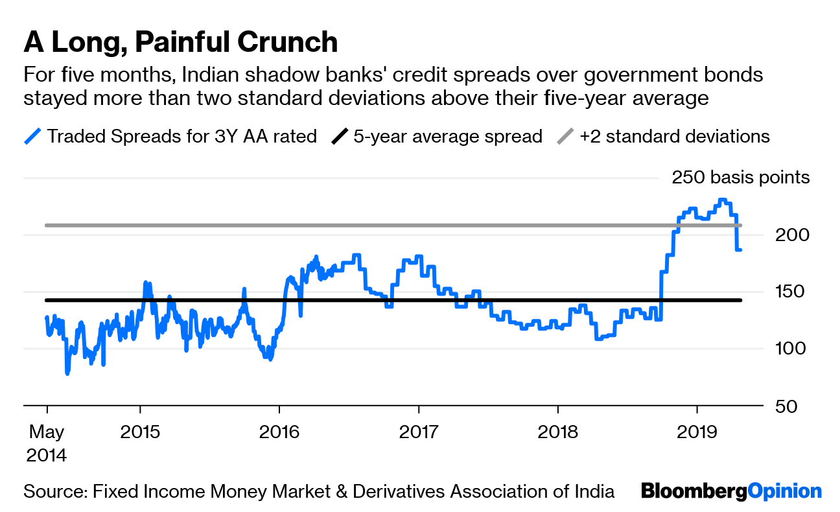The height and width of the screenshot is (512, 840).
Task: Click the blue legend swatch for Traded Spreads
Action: click(x=32, y=137)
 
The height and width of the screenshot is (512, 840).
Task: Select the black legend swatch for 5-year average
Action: click(x=340, y=137)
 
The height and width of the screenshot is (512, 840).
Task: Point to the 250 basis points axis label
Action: click(x=740, y=178)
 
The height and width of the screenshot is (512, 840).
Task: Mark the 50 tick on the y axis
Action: click(x=786, y=406)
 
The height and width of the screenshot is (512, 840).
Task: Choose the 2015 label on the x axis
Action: click(x=139, y=431)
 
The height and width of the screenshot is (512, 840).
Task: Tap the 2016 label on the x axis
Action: click(x=279, y=431)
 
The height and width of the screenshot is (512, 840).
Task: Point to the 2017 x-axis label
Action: click(x=419, y=431)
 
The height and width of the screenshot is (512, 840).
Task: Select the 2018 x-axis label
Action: click(x=557, y=431)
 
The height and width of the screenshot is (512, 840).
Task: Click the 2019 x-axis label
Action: click(x=697, y=431)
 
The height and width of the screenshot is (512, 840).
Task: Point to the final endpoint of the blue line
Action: click(x=740, y=250)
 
